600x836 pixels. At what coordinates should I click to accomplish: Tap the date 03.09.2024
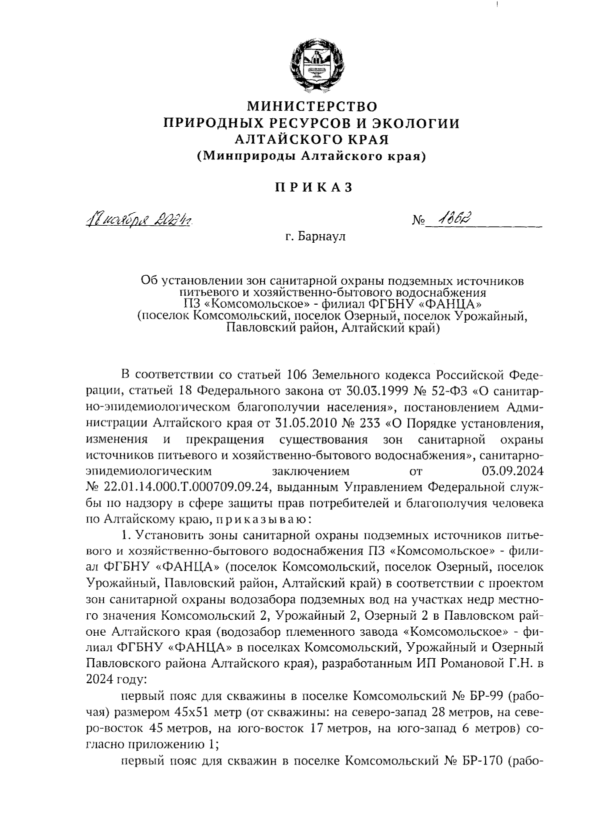click(x=512, y=471)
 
